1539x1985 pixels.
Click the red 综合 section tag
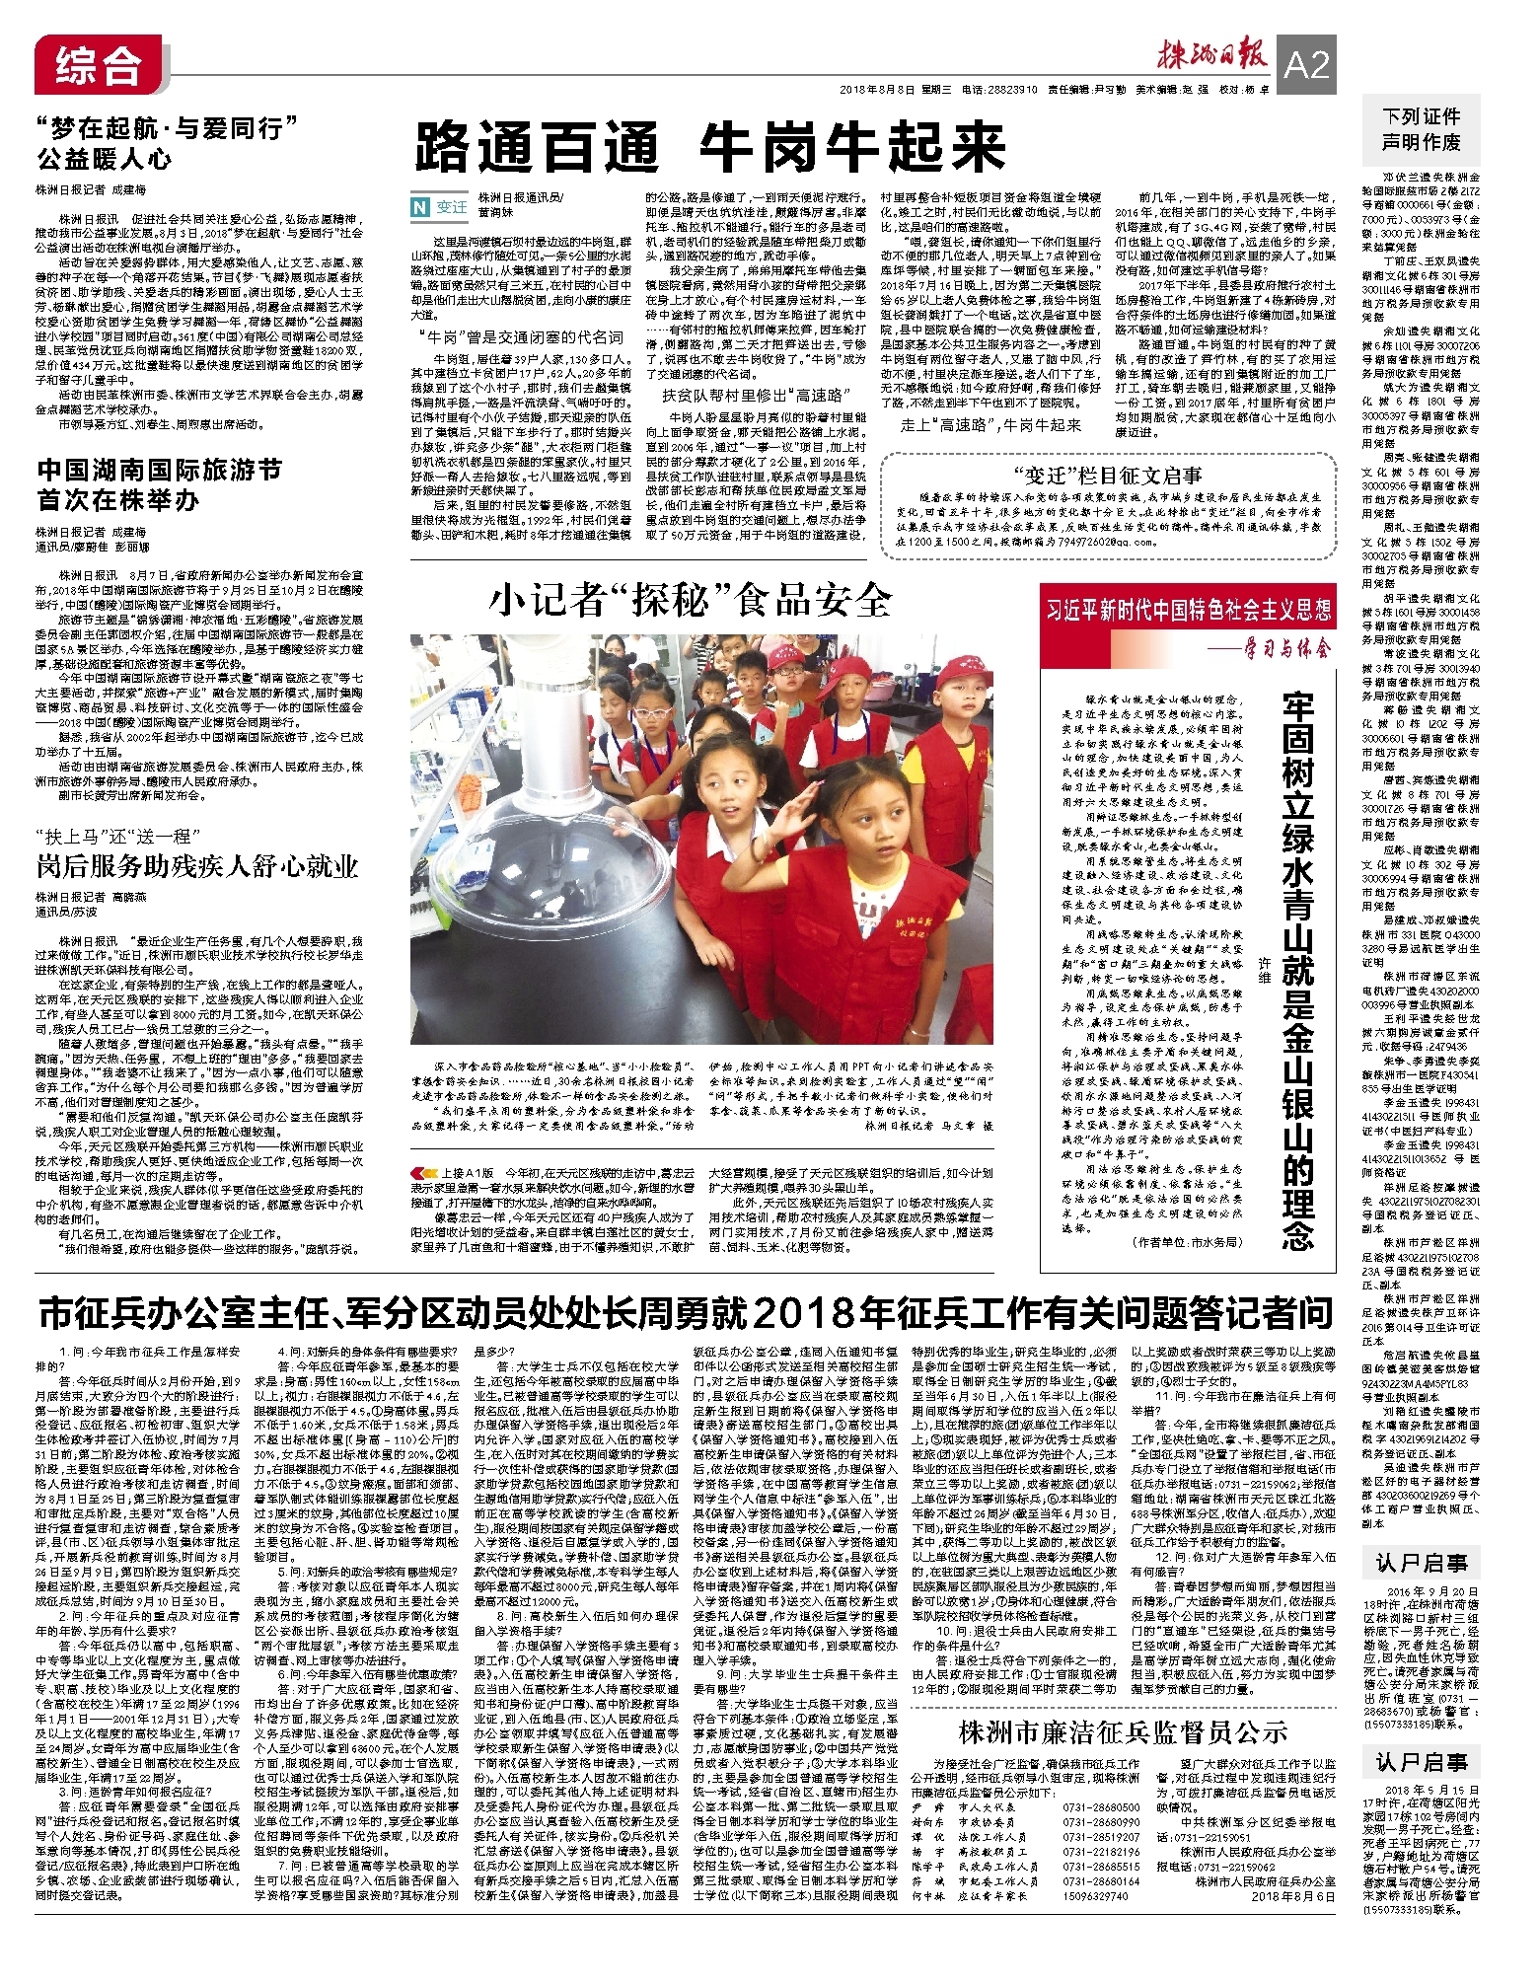pos(90,65)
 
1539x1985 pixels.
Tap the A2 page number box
pos(1307,65)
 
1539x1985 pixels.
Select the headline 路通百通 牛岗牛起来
pos(708,148)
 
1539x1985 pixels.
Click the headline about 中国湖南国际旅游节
pos(159,484)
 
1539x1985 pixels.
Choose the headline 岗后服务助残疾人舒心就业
pos(197,866)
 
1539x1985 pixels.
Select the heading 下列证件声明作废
pos(1421,129)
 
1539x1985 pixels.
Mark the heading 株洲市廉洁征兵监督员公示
pos(1123,1730)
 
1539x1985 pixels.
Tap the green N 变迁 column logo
pos(440,206)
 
